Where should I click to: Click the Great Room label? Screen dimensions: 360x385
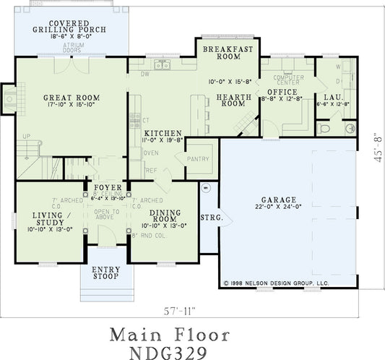tap(71, 98)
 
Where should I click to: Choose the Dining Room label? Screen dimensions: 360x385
tap(164, 216)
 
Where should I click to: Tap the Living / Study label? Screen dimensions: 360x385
tap(51, 218)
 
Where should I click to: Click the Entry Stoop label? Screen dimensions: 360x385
tap(106, 272)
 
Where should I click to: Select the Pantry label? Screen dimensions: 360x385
tap(197, 159)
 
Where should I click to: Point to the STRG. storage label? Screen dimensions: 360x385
tap(209, 216)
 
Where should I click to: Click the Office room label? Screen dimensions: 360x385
tap(282, 92)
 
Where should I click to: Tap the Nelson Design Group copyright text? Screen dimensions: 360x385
tap(277, 283)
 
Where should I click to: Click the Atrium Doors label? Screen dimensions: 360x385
tap(72, 48)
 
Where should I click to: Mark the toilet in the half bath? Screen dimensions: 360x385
tap(324, 128)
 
